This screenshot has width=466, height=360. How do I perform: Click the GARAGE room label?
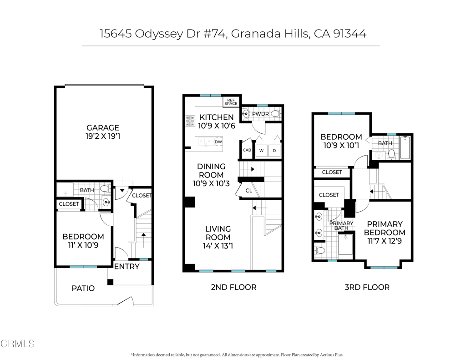[103, 128]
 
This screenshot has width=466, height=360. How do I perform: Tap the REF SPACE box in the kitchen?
[231, 102]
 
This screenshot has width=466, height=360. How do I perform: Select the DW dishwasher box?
[218, 142]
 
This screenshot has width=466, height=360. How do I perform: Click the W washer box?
[261, 151]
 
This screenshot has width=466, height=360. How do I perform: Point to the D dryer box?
[274, 151]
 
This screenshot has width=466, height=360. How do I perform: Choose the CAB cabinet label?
[247, 150]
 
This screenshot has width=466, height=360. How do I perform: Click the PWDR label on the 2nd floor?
[260, 114]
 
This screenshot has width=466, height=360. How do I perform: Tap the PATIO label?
[83, 289]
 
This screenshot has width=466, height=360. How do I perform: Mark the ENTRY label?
[127, 267]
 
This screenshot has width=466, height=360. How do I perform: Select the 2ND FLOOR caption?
[233, 288]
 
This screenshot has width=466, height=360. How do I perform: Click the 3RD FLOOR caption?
[367, 288]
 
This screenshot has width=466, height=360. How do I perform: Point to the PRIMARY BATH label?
[341, 226]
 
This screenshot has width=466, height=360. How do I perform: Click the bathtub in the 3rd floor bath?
[405, 148]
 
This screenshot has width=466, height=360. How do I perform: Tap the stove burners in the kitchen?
[190, 121]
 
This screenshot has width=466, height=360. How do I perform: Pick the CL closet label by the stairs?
[249, 191]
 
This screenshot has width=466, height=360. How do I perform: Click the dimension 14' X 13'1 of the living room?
[218, 246]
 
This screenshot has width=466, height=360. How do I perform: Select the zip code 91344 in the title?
[350, 34]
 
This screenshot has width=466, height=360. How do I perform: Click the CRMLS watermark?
[17, 344]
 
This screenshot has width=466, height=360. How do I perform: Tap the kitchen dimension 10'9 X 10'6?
[217, 126]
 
